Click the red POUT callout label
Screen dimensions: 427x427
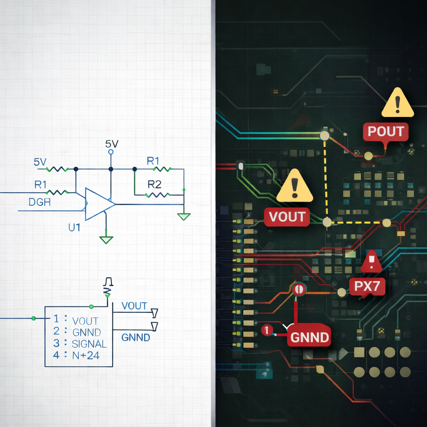point(386,131)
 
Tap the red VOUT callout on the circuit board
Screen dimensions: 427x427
point(287,217)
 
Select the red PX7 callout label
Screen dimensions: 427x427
point(367,286)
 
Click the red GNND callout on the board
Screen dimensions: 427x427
point(309,337)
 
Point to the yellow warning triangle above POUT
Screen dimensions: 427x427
point(397,103)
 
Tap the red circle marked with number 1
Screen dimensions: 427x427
point(266,330)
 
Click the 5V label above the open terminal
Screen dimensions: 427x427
point(112,144)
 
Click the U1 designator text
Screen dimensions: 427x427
point(75,227)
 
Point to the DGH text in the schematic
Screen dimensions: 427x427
point(40,203)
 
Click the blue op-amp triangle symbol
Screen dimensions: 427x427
point(99,204)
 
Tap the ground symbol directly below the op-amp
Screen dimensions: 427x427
point(106,239)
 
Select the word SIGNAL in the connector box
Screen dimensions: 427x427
point(89,344)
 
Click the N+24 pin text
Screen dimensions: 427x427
point(85,356)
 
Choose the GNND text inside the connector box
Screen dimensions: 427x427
point(86,332)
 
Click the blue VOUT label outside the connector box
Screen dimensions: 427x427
point(134,306)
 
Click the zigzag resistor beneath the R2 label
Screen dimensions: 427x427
point(157,194)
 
